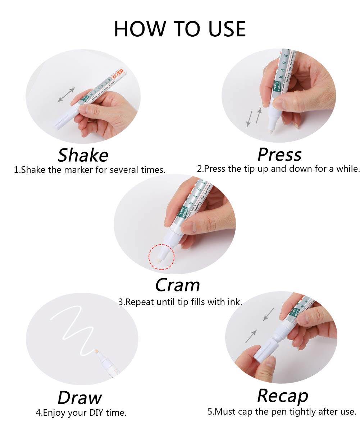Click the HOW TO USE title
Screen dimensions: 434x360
[180, 29]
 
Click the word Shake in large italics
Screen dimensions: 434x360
[83, 155]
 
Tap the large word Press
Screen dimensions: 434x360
[279, 154]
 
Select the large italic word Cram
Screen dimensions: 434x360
[177, 285]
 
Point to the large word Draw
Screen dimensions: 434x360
[79, 398]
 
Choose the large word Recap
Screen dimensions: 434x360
[283, 396]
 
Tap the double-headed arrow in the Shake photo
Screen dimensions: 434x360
[66, 95]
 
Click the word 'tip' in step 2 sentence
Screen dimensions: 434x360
[246, 168]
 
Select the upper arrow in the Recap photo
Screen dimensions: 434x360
[268, 314]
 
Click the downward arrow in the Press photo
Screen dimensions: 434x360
[248, 119]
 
